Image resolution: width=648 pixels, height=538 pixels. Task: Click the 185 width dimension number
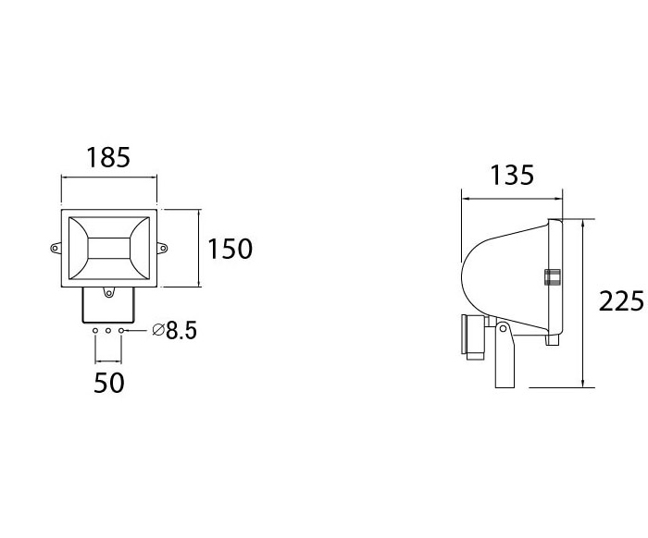coord(108,157)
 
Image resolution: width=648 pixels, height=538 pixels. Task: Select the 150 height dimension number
coord(229,249)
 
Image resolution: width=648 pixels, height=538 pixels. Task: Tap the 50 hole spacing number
coord(109,383)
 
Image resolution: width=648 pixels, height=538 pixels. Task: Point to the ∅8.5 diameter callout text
coord(173,331)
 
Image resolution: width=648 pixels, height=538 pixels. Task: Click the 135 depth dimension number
coord(511,175)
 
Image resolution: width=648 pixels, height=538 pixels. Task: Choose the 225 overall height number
coord(621,302)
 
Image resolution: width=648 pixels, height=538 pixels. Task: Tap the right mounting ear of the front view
coord(164,248)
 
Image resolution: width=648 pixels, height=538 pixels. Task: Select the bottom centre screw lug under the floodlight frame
coord(109,293)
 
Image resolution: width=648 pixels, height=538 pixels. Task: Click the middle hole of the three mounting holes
coord(109,331)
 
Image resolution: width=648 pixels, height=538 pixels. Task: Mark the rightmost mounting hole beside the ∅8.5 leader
coord(122,331)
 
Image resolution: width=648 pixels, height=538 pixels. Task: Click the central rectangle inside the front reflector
coord(109,248)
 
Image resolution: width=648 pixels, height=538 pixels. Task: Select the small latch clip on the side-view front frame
coord(553,278)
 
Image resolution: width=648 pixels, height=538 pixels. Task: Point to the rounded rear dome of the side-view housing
coord(477,277)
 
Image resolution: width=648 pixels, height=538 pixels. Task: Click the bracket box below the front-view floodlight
coord(109,307)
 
